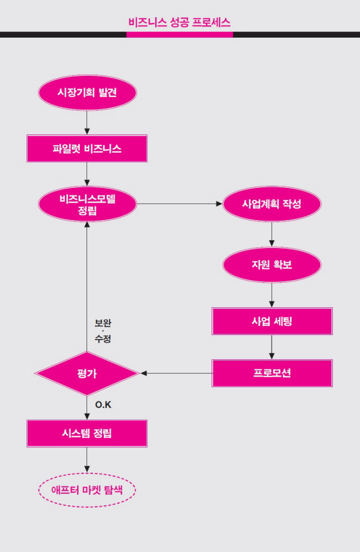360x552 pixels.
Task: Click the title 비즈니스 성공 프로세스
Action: tap(179, 22)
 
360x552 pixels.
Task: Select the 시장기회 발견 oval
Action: tap(87, 92)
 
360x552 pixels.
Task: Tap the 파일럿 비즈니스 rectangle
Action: tap(87, 148)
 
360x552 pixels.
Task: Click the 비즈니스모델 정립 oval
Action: tap(87, 204)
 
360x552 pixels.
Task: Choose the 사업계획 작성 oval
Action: tap(271, 203)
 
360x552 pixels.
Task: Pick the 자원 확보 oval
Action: tap(271, 265)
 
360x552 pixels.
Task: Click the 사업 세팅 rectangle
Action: tap(271, 321)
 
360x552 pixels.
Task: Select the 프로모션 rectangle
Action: tap(271, 373)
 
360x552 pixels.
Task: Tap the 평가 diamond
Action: tap(87, 374)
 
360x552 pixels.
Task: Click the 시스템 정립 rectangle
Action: tap(87, 434)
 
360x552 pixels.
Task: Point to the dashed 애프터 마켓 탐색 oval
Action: tap(87, 489)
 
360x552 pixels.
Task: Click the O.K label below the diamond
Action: tap(103, 405)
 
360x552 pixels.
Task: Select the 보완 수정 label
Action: tap(103, 331)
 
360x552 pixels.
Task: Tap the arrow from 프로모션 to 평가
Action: tap(176, 373)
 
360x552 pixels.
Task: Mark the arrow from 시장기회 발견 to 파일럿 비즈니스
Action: tap(87, 122)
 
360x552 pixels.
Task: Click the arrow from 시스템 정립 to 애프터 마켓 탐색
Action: tap(87, 460)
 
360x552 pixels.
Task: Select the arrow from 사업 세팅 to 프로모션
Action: tap(271, 347)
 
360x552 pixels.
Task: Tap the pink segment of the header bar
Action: tap(179, 34)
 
